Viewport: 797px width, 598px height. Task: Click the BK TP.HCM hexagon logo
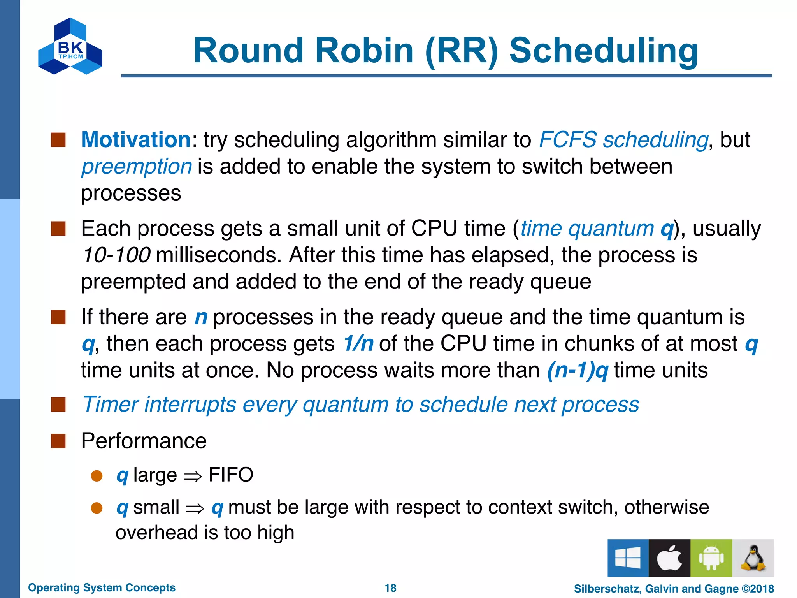click(70, 46)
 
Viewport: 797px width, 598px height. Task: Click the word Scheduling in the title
click(604, 51)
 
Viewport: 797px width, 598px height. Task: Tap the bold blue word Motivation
click(135, 139)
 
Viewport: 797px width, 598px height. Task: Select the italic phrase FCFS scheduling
click(623, 139)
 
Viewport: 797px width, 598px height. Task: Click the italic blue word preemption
click(137, 167)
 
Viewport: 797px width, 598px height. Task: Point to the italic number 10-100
click(116, 255)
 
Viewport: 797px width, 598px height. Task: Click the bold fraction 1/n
click(358, 344)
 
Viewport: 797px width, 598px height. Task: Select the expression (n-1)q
click(577, 370)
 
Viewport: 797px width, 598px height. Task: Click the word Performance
click(144, 441)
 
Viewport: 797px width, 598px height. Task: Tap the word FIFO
click(231, 475)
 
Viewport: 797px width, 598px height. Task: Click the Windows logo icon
click(628, 558)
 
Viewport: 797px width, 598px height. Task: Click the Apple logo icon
click(669, 558)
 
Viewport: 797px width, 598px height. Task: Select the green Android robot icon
click(711, 558)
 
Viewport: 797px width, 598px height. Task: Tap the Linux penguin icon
click(753, 558)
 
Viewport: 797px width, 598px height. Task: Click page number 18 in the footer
click(390, 588)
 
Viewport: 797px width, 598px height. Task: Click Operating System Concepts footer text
click(102, 587)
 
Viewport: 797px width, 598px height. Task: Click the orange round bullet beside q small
click(97, 508)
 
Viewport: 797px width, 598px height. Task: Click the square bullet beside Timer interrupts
click(58, 405)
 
